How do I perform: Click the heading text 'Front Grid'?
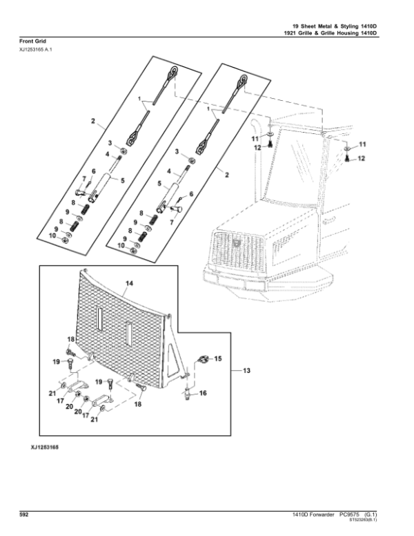tap(32, 41)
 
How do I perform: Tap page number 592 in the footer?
tap(23, 515)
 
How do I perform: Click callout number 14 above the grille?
tap(130, 283)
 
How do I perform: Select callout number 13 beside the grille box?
tap(246, 370)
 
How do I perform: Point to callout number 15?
tap(217, 358)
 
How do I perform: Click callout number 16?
tap(203, 393)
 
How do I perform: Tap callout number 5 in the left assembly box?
tap(122, 180)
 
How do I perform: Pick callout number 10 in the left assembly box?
tap(52, 236)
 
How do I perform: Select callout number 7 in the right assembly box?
tap(172, 222)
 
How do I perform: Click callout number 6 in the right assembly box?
tap(191, 194)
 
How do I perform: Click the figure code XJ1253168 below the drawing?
tap(44, 447)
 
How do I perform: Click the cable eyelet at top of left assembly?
tap(172, 71)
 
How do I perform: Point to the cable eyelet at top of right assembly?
tap(241, 79)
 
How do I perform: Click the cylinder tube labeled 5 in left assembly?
tap(101, 186)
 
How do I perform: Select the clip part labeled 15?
tap(203, 359)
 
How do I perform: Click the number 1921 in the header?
tap(290, 33)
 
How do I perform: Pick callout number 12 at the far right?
tap(362, 158)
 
